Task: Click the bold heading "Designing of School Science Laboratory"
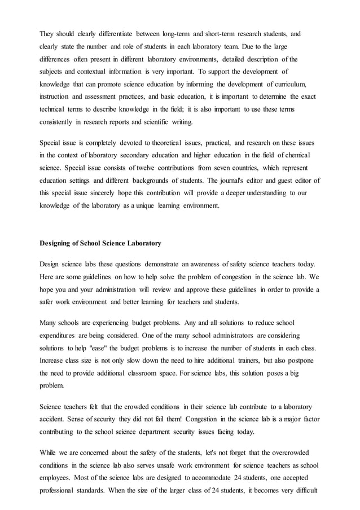100,244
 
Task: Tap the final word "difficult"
304,490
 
